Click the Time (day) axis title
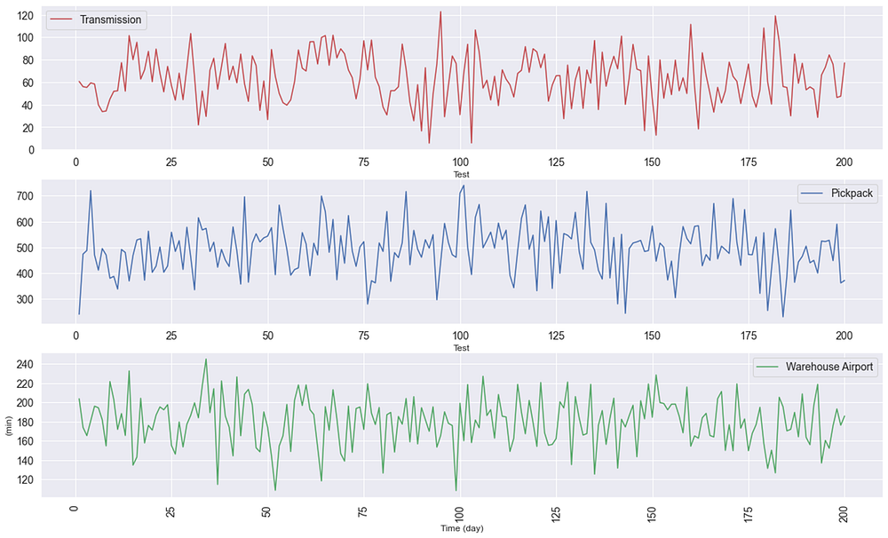pos(460,529)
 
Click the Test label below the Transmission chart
pos(460,175)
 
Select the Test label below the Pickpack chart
pos(460,348)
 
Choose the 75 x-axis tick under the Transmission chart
pos(363,162)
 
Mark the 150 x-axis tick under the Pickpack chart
pos(652,336)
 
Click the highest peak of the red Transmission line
pos(440,12)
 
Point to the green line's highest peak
pos(206,360)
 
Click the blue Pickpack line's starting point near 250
pos(79,313)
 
